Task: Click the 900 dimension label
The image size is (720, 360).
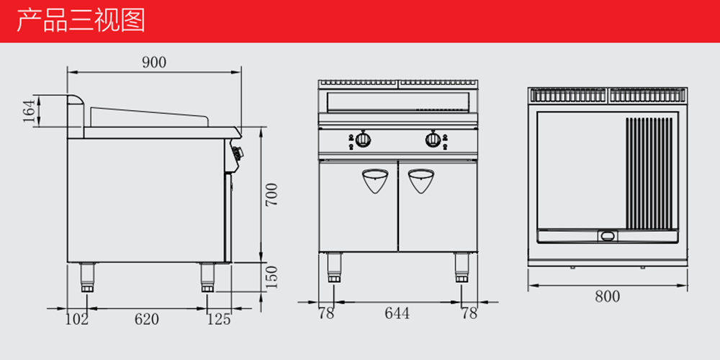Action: pyautogui.click(x=154, y=63)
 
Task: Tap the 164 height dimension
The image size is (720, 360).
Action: pyautogui.click(x=30, y=111)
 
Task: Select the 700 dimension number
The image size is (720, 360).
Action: pyautogui.click(x=272, y=194)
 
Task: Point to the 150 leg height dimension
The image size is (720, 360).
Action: pyautogui.click(x=272, y=277)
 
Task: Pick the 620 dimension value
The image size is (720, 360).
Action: pyautogui.click(x=146, y=319)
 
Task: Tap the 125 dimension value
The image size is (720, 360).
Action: pyautogui.click(x=219, y=319)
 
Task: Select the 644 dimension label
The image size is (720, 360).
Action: pyautogui.click(x=397, y=313)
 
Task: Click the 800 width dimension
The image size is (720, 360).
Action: pyautogui.click(x=608, y=297)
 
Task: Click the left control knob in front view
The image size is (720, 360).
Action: pyautogui.click(x=364, y=139)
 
